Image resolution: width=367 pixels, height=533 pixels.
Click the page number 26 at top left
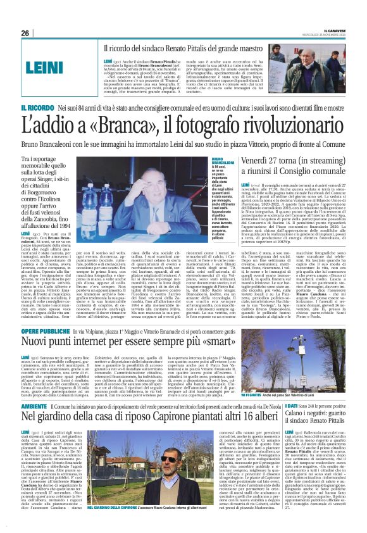pos(26,32)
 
